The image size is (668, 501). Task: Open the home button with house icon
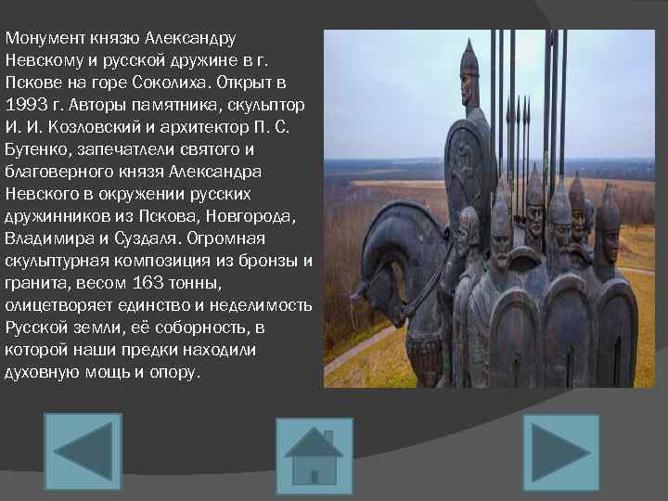click(314, 456)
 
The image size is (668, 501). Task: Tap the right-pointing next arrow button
click(560, 452)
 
